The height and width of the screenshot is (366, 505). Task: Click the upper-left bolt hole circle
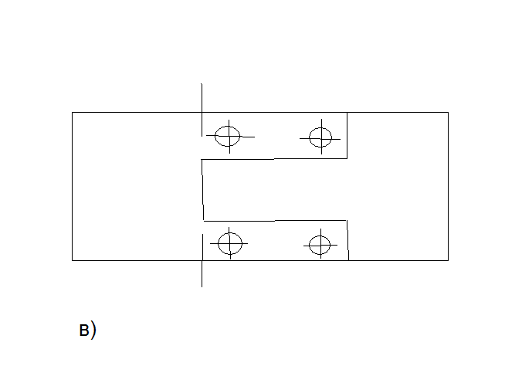point(228,136)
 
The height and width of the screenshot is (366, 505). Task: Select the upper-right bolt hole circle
point(320,137)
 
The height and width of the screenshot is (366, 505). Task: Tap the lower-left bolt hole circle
point(230,244)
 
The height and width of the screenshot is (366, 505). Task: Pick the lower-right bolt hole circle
point(319,246)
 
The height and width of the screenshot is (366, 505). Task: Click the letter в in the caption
point(84,330)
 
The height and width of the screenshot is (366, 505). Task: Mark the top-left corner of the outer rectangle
point(72,113)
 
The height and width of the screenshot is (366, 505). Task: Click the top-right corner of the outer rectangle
point(448,113)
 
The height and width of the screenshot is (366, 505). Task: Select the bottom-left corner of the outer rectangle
point(72,260)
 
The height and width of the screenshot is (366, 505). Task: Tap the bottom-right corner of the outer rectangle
point(448,260)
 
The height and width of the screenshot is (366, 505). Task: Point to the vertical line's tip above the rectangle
point(202,83)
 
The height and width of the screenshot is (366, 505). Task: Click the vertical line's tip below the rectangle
point(202,286)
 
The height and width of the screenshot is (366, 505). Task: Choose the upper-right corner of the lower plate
point(347,220)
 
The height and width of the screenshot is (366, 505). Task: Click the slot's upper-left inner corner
point(202,160)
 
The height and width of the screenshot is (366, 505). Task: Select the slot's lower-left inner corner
point(203,220)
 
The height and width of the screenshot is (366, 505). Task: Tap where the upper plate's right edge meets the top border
point(347,113)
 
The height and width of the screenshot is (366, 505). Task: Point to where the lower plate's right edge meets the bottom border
point(348,260)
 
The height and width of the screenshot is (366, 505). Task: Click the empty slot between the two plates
point(274,190)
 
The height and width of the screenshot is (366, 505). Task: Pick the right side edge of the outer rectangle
point(448,186)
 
